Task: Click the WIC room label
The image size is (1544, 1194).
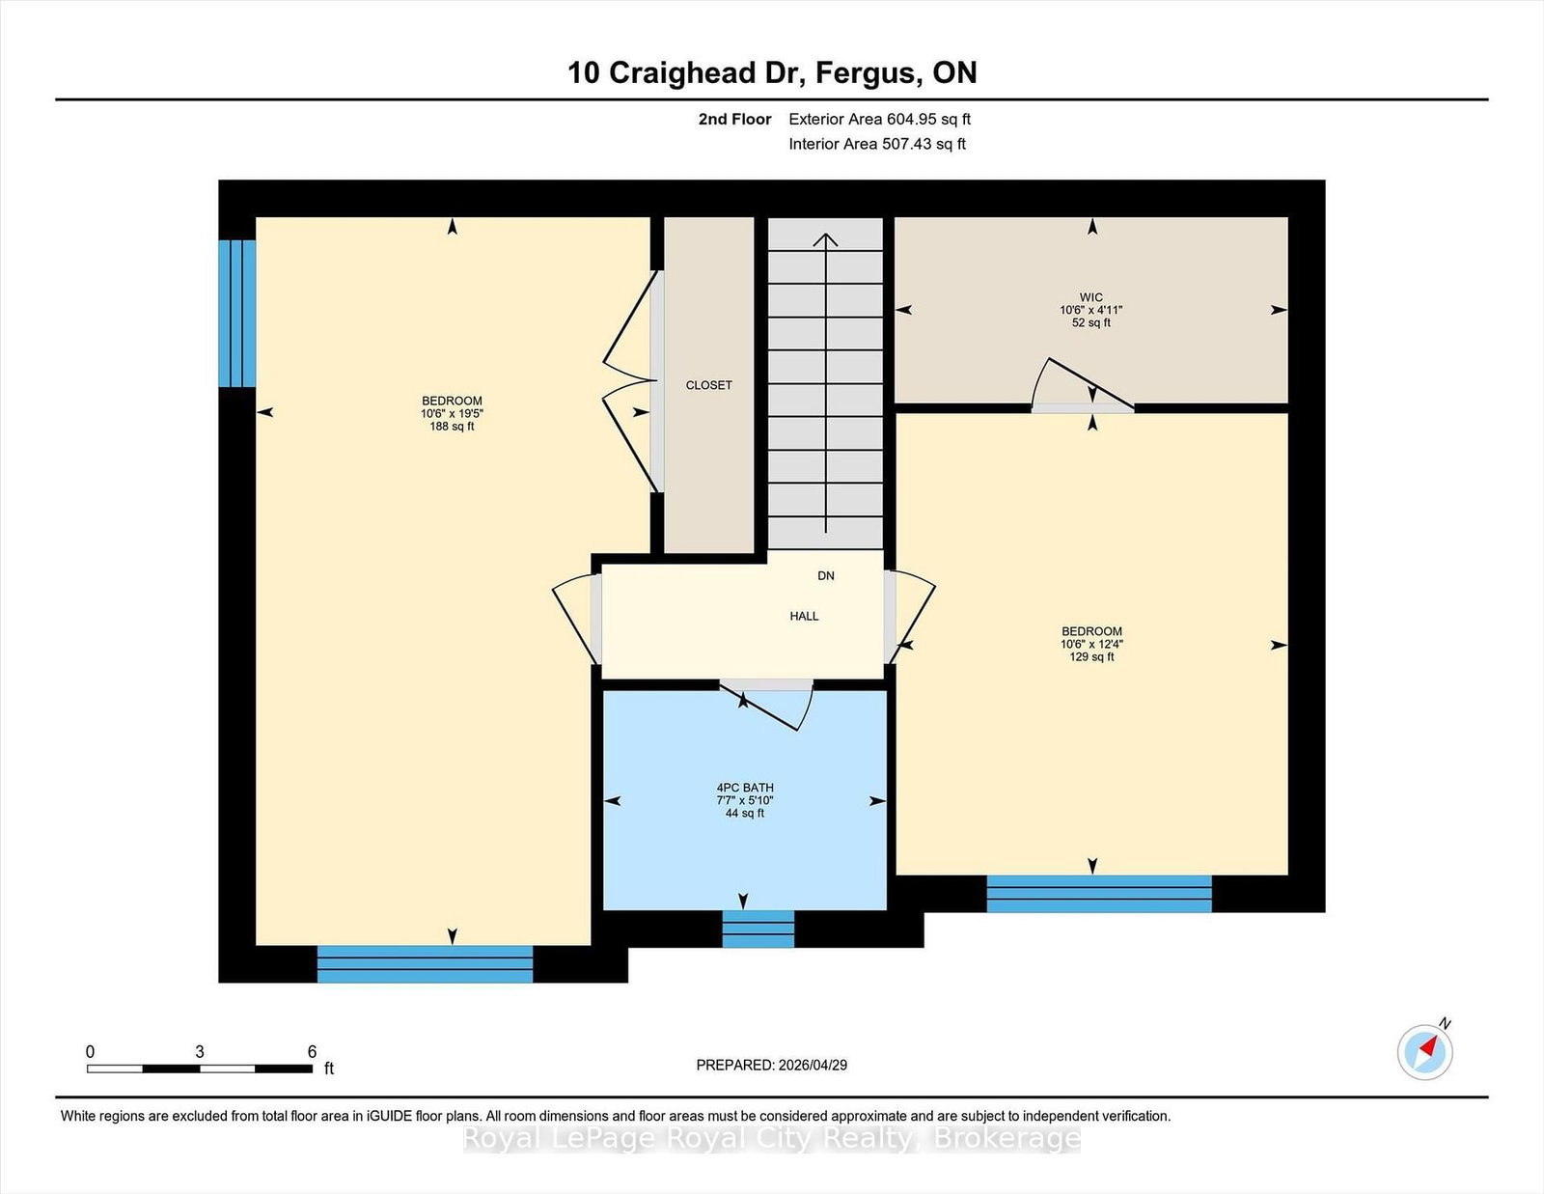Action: [x=1090, y=297]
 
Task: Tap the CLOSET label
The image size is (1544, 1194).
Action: [x=708, y=385]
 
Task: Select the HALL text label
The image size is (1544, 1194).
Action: [x=805, y=616]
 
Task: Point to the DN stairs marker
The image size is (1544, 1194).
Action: [x=826, y=575]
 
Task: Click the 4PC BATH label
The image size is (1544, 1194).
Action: [x=745, y=788]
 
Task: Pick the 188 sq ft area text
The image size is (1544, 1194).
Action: [x=452, y=427]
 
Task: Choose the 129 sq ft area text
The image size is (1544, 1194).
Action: [x=1092, y=656]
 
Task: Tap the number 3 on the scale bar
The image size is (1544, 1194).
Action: [x=200, y=1052]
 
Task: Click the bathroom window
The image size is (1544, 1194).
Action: [x=758, y=929]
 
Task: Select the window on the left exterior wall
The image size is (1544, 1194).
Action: [x=237, y=314]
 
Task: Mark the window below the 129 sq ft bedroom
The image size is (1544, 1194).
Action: [x=1099, y=894]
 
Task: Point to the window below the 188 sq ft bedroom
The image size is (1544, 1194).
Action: [x=425, y=963]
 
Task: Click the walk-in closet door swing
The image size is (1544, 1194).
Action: [x=1082, y=384]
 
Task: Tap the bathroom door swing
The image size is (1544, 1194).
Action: [x=767, y=705]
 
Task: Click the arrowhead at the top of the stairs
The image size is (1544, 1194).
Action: [x=825, y=239]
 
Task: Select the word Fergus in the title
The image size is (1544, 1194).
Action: [x=866, y=72]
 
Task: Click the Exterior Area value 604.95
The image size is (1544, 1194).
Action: [x=909, y=119]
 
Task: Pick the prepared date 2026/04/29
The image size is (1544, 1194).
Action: [x=813, y=1065]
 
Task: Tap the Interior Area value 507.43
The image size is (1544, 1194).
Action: [x=904, y=144]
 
